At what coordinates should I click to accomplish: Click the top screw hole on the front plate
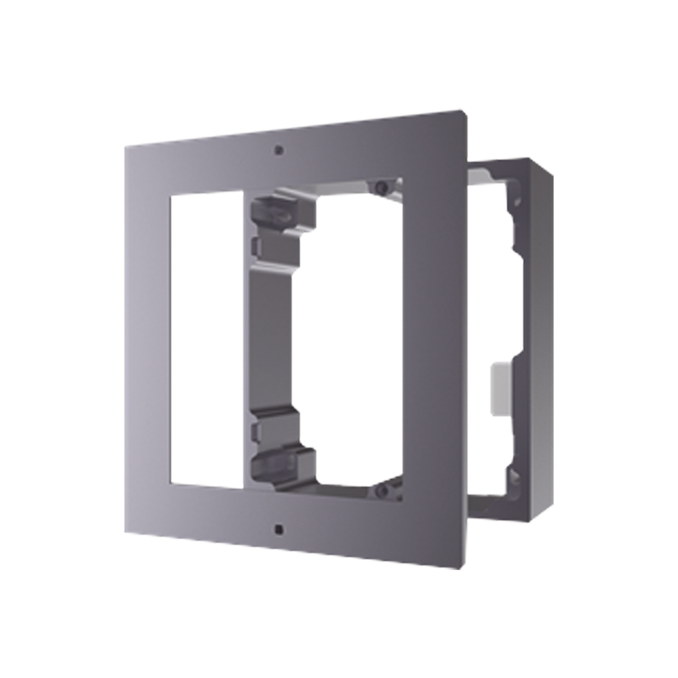(x=279, y=150)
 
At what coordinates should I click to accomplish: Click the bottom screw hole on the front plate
(x=279, y=528)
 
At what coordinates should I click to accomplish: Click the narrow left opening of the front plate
(x=207, y=337)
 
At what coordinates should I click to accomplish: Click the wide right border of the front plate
(x=433, y=338)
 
